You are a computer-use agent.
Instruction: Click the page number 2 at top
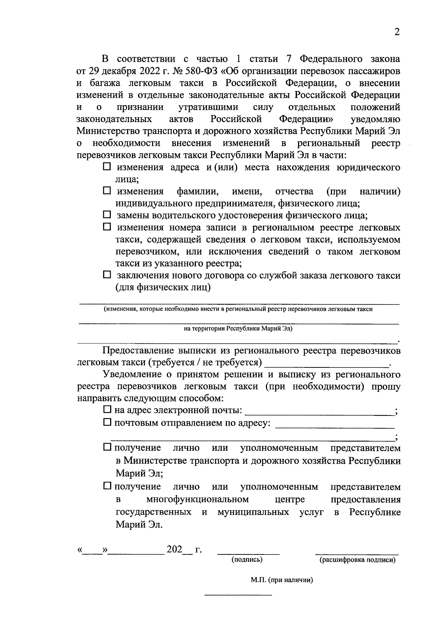click(x=397, y=32)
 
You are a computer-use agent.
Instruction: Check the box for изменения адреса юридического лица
click(x=106, y=167)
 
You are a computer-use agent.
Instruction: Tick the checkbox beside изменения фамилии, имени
click(x=106, y=191)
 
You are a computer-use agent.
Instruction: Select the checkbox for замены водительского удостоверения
click(x=106, y=215)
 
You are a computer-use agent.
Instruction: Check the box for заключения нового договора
click(x=106, y=275)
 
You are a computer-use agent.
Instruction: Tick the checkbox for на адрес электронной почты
click(x=107, y=409)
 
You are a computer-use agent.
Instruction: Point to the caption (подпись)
click(x=247, y=560)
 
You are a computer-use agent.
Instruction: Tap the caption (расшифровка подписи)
click(x=357, y=560)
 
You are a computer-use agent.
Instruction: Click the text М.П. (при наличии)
click(x=282, y=580)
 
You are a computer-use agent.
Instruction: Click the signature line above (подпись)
click(x=249, y=553)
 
